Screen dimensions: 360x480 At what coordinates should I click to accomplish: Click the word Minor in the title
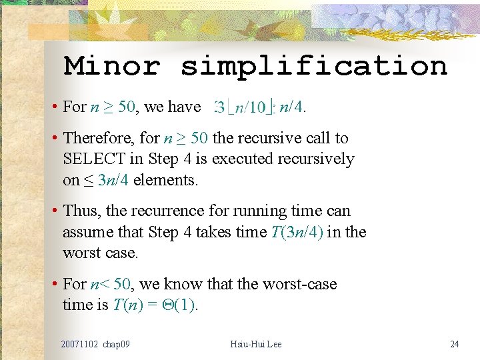point(111,65)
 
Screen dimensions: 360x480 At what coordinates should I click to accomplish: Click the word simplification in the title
point(314,66)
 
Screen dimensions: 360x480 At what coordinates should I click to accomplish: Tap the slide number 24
point(455,344)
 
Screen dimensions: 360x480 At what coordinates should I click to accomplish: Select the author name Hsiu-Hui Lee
point(256,344)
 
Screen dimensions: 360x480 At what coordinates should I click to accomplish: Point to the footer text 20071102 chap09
point(95,344)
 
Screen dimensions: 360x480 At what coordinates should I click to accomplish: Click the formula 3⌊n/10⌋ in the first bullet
point(244,107)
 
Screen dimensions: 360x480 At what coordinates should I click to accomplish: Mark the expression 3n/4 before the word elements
point(113,179)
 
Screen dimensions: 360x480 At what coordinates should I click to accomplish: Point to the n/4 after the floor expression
point(291,107)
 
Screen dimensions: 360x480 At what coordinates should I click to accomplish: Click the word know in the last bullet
point(183,284)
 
